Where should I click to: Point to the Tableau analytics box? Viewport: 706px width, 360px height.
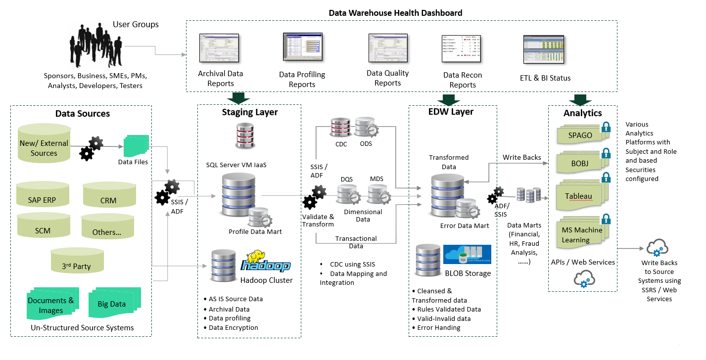point(579,196)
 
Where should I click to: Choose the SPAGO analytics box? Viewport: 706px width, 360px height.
point(579,135)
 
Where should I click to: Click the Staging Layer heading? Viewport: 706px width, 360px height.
point(249,112)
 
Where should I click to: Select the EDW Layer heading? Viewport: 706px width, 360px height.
point(451,112)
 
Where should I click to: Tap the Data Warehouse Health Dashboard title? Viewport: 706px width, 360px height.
point(395,13)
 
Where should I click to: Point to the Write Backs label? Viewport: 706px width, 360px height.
point(521,157)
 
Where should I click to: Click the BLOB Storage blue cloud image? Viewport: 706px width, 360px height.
point(467,255)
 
